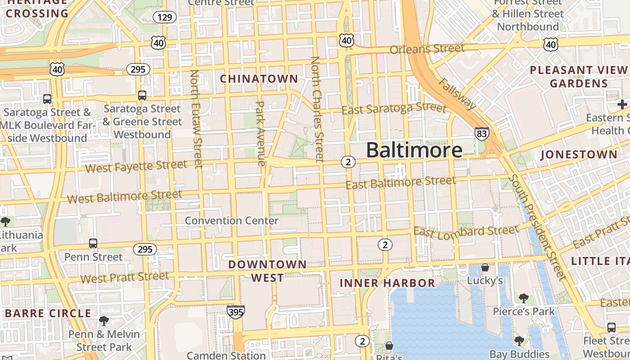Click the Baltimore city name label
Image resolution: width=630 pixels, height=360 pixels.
(414, 150)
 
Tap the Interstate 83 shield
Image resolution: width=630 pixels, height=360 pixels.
(481, 134)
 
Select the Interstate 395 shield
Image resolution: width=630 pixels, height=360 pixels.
(236, 312)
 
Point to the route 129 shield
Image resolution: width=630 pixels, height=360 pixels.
(165, 18)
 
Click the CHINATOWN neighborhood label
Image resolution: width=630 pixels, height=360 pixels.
(259, 79)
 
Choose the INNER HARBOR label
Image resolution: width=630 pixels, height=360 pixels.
(387, 283)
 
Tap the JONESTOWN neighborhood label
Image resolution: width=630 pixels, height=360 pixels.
(579, 155)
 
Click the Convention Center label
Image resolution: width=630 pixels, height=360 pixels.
(232, 220)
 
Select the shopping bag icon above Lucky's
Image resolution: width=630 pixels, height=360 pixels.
(485, 268)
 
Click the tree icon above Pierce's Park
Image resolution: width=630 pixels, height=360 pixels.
(523, 298)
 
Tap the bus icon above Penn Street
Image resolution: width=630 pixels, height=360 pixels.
(93, 243)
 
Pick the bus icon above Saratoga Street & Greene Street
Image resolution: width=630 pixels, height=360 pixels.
(142, 95)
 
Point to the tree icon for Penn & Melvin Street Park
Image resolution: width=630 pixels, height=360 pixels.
(104, 321)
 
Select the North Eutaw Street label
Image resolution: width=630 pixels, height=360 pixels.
(197, 119)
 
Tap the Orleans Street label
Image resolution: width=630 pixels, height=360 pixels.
(427, 48)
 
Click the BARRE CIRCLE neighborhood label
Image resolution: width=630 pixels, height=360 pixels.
(48, 313)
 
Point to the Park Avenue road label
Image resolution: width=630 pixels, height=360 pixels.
(260, 133)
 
